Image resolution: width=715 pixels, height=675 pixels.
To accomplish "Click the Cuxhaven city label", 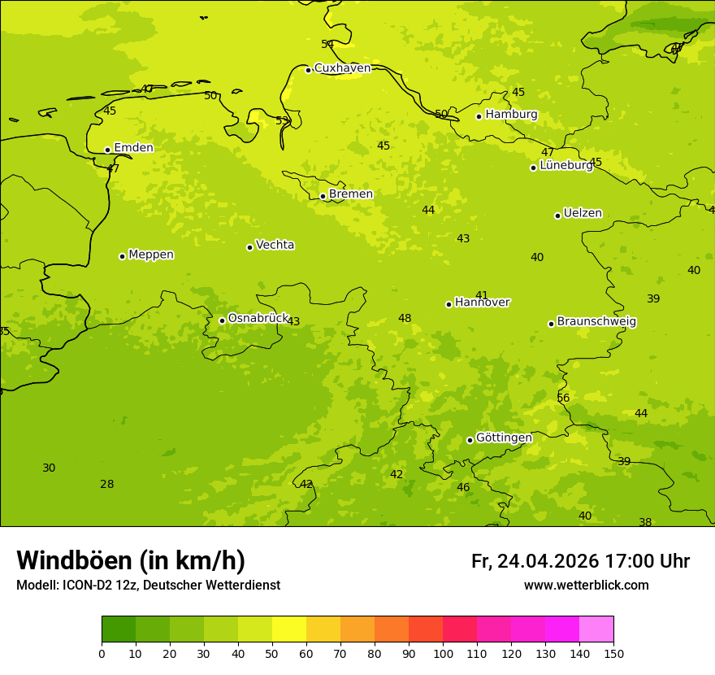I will [x=342, y=68].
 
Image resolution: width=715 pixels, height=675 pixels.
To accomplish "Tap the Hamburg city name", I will [x=511, y=115].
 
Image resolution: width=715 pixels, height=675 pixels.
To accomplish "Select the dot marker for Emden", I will [x=107, y=150].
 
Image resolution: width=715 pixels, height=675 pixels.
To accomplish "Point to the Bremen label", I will [x=351, y=194].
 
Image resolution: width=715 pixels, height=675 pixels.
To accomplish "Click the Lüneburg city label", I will [x=566, y=165].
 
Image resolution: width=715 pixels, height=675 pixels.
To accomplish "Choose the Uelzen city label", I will [x=583, y=214].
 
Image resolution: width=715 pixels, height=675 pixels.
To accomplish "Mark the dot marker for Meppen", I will [x=122, y=256].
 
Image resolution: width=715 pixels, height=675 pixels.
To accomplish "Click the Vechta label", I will [x=275, y=245].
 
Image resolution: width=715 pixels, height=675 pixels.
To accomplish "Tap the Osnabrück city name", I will [x=258, y=319].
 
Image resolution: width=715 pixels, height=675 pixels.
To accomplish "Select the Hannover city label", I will [x=482, y=303].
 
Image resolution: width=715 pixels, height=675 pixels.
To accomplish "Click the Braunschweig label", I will [x=596, y=322].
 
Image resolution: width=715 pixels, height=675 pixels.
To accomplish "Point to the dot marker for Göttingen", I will [x=470, y=440].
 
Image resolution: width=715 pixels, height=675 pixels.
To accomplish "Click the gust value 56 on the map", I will [x=563, y=398].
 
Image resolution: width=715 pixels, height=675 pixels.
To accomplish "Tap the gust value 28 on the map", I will [x=106, y=484].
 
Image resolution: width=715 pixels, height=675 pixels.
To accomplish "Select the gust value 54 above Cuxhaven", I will [x=327, y=45].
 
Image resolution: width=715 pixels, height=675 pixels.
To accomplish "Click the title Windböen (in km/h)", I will [x=131, y=560].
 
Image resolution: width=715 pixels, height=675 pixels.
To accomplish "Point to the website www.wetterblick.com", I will [x=586, y=586].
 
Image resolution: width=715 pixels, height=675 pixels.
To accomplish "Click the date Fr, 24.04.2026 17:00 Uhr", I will [x=580, y=561].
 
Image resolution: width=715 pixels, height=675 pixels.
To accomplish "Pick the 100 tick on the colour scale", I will [x=443, y=653].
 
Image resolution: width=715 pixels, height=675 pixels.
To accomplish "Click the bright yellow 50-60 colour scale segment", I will [x=289, y=629].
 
